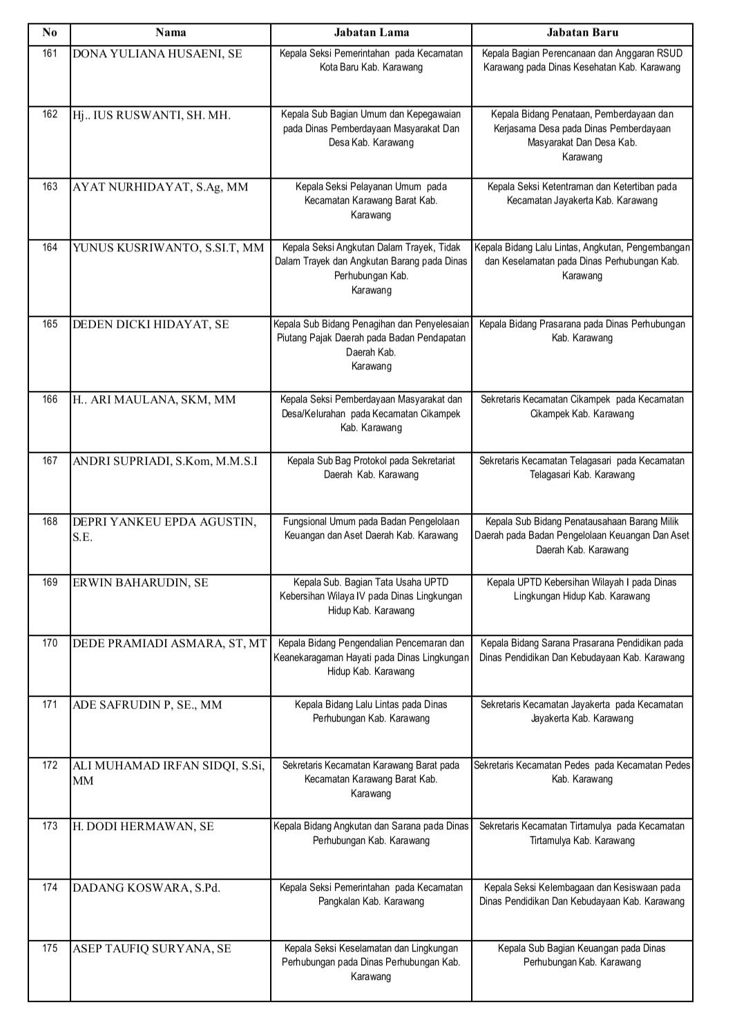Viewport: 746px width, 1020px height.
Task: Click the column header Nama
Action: [x=170, y=32]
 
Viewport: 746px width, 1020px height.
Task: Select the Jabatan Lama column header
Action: [x=371, y=32]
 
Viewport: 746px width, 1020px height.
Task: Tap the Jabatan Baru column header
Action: [x=582, y=32]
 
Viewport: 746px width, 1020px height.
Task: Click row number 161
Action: [x=50, y=53]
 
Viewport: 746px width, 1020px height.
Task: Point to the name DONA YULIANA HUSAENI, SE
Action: [x=157, y=54]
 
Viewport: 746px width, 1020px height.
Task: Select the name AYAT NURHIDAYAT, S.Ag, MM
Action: [x=160, y=187]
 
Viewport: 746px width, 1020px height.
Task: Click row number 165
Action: [x=50, y=324]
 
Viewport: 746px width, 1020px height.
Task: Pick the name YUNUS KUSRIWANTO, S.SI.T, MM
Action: [x=168, y=248]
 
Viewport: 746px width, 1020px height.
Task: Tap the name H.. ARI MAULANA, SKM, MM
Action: [x=154, y=400]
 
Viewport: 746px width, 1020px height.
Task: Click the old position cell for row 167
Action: [x=371, y=468]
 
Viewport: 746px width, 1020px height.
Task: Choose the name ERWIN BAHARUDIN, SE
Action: [x=140, y=583]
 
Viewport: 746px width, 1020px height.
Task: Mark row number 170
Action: [x=50, y=643]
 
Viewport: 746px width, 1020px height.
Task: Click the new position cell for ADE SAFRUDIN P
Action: [x=582, y=711]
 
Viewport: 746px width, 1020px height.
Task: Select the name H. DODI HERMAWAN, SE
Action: [x=143, y=827]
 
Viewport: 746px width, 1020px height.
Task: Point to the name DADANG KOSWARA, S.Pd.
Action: [x=146, y=888]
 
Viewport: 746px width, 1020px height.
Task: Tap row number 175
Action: [x=50, y=948]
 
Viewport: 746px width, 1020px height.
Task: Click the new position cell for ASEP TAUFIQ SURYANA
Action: [x=582, y=955]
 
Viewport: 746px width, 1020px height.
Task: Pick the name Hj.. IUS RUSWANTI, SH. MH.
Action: [x=151, y=115]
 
